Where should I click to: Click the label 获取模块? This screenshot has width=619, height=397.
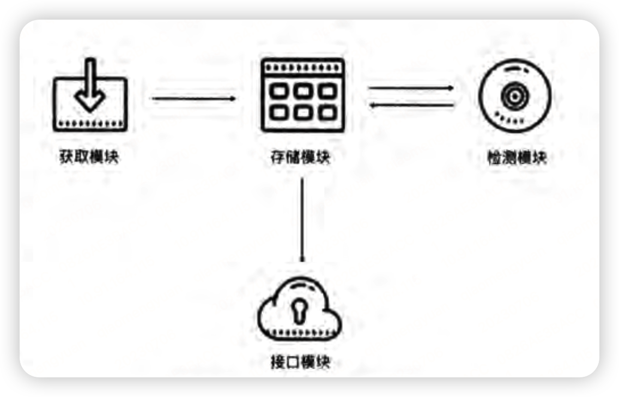(89, 157)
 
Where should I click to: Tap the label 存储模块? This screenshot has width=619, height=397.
(300, 157)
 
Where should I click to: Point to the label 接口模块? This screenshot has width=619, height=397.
(300, 362)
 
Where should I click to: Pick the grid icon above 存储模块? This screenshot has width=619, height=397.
(302, 95)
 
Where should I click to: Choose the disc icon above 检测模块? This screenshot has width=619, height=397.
(514, 97)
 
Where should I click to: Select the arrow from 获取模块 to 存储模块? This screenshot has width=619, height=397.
(193, 99)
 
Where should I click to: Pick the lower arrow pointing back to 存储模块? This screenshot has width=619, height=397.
(411, 105)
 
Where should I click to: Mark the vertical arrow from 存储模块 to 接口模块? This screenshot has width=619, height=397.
(302, 220)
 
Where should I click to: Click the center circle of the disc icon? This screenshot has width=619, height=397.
(514, 97)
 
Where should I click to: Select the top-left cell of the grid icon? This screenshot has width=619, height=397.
(279, 91)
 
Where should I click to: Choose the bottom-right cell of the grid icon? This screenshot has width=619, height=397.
(327, 112)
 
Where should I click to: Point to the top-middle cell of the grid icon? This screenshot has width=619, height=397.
(303, 91)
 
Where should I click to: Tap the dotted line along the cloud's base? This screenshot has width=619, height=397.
(299, 330)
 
